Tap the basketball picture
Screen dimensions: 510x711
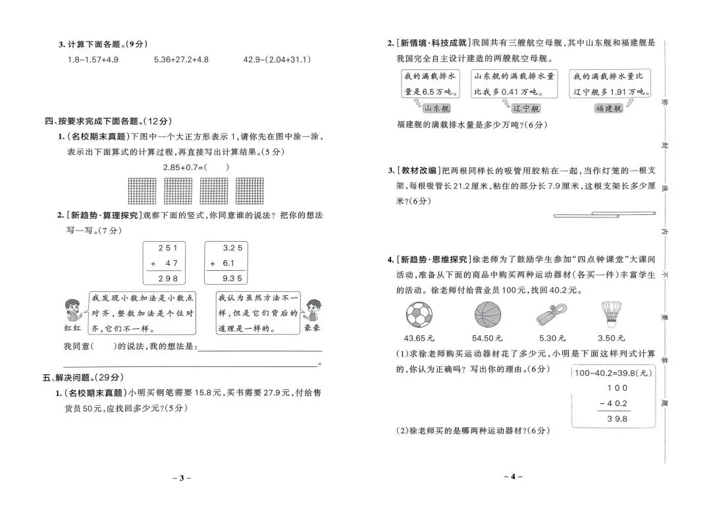click(x=487, y=315)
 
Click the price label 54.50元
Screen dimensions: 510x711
click(x=487, y=338)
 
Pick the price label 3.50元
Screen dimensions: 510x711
click(x=612, y=338)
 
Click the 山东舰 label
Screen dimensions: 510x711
click(x=436, y=109)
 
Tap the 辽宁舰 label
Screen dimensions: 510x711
click(x=526, y=109)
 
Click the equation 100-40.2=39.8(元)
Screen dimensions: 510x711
click(x=612, y=372)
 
